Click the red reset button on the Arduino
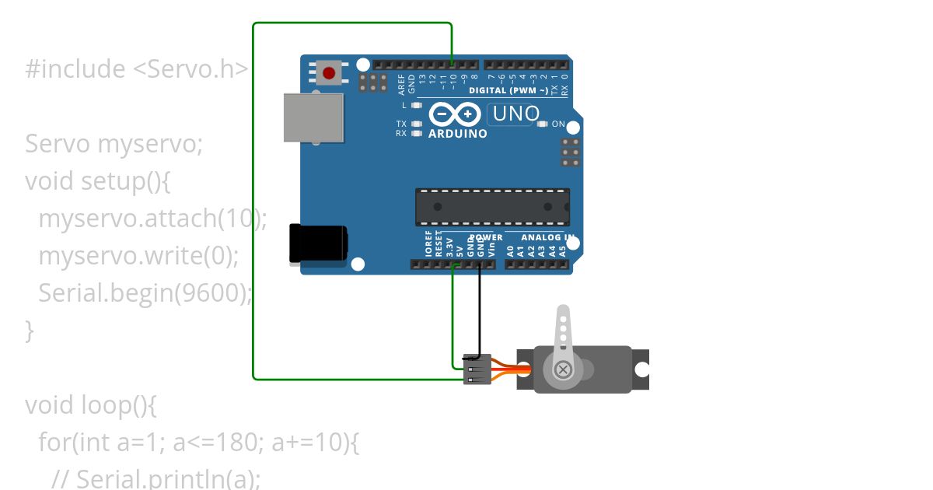pos(329,73)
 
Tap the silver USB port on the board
pos(313,117)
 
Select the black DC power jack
pos(318,243)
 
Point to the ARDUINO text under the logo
pos(458,134)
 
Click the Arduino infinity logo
pos(454,115)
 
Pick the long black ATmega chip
pos(492,207)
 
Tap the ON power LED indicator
pos(543,124)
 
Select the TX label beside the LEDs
pos(401,124)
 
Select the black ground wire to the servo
pos(479,311)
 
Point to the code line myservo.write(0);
pos(138,256)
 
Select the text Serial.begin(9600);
pos(145,293)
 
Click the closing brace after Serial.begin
pos(30,330)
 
